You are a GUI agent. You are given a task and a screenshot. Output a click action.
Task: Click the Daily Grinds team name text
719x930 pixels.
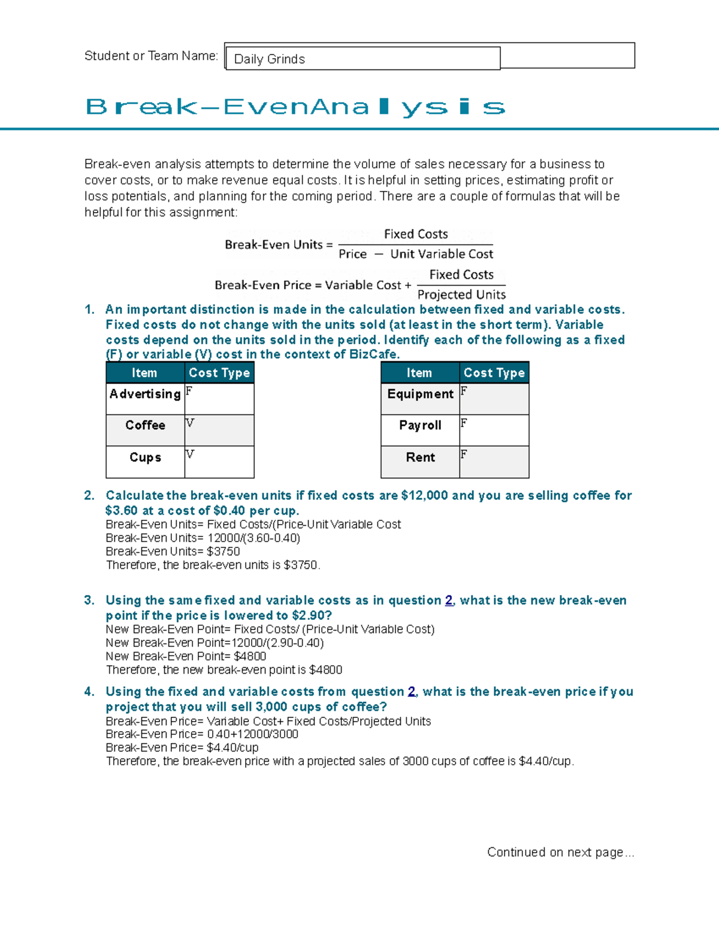(269, 59)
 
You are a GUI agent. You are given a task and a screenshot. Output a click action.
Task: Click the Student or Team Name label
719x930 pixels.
(151, 56)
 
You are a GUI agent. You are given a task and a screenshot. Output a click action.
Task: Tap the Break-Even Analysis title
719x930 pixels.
(295, 107)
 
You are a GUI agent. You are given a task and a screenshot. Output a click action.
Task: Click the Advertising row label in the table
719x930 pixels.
(145, 394)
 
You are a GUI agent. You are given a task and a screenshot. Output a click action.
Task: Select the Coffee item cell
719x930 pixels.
(145, 425)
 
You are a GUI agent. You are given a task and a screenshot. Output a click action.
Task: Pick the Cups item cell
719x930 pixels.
(145, 458)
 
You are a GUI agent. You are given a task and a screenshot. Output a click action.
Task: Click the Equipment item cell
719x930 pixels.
(420, 394)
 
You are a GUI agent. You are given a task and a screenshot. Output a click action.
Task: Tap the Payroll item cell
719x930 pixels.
(420, 425)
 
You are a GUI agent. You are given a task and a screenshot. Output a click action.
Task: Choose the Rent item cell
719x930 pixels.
(420, 458)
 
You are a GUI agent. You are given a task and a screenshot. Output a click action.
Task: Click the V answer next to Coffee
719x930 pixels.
(190, 423)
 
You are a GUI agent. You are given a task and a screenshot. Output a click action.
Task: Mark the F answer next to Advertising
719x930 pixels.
(189, 391)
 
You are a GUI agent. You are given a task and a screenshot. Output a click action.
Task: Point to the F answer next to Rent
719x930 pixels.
(464, 455)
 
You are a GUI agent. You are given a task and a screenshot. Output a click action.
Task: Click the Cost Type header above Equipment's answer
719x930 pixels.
(494, 372)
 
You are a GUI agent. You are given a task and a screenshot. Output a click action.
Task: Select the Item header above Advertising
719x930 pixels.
(144, 372)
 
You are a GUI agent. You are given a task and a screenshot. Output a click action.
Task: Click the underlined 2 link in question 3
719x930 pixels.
(449, 601)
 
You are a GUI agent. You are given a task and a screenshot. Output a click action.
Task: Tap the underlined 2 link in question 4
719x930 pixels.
(412, 692)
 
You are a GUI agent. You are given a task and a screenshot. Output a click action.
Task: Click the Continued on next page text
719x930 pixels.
(560, 852)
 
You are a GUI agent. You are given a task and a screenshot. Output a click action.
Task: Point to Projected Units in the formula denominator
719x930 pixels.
(461, 295)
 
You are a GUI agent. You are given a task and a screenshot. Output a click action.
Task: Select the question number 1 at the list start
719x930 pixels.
(89, 310)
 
